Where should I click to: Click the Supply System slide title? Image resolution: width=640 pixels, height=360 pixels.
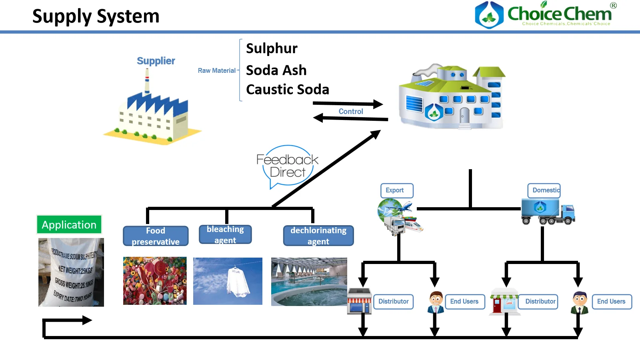coord(96,16)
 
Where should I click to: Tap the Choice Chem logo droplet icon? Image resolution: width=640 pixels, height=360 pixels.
coord(489,15)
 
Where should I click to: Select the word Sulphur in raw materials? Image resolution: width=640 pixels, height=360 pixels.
coord(272,48)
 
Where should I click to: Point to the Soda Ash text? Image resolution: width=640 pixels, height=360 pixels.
coord(276,70)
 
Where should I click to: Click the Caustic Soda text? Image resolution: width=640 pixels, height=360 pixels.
coord(287,90)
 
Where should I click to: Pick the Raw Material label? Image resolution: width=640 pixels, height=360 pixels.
coord(216,71)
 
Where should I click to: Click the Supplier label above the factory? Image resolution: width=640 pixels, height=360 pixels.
coord(156,61)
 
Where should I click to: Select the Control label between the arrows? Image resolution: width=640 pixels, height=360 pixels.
coord(351,112)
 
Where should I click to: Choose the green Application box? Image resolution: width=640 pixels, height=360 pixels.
coord(69,225)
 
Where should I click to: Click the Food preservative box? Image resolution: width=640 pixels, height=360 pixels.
coord(156,236)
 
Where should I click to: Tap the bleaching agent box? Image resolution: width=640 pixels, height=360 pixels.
coord(225,234)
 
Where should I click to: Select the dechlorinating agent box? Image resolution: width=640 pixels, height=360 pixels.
coord(318,236)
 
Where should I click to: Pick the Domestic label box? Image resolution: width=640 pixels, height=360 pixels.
coord(544,190)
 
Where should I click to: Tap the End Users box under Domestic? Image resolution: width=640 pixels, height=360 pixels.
coord(612,302)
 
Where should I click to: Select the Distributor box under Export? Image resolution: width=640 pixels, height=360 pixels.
coord(393,302)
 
